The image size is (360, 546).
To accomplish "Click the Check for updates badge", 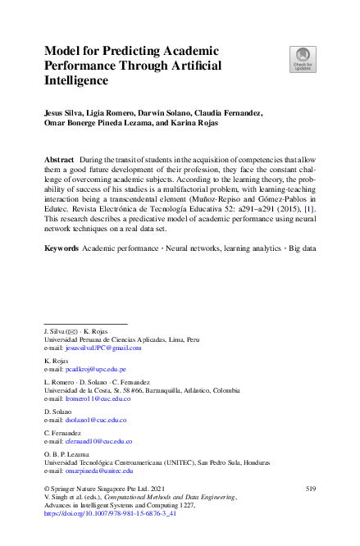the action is click(302, 58).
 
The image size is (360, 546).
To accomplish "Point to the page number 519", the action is click(310, 489).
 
